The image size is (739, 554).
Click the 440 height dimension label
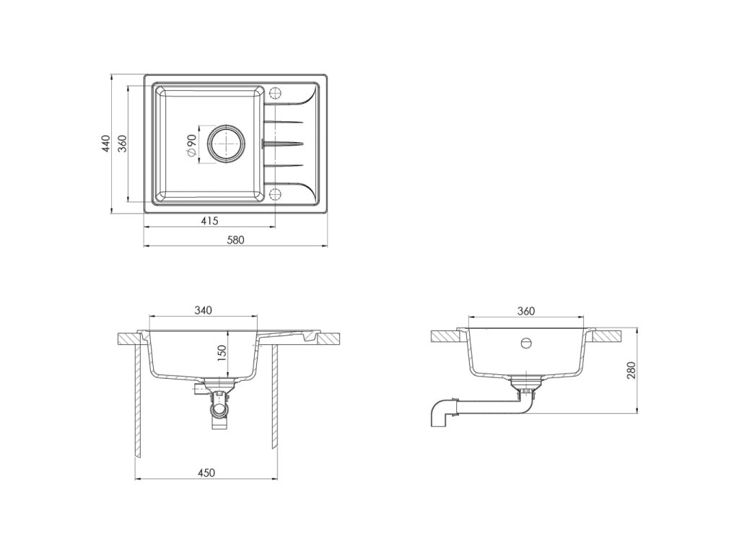pos(105,144)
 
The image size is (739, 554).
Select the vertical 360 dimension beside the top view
pos(123,144)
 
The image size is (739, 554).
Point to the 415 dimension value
pos(210,220)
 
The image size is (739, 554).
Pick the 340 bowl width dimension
pos(203,310)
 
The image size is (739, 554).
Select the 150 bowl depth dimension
pos(222,353)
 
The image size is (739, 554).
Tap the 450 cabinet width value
pos(206,473)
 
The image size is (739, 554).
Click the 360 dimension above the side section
pos(525,311)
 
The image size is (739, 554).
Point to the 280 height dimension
pos(631,371)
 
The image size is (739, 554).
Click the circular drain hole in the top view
pos(227,144)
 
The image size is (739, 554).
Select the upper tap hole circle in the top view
pos(275,93)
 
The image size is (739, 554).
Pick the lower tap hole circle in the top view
pos(275,194)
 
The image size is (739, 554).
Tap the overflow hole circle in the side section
pos(526,342)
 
